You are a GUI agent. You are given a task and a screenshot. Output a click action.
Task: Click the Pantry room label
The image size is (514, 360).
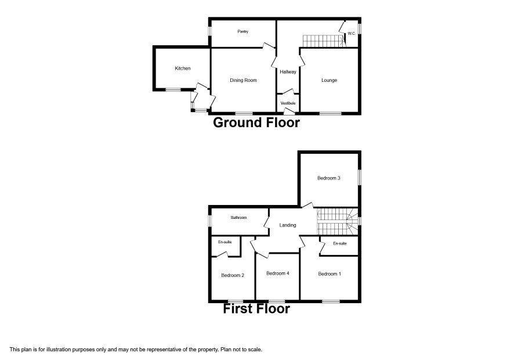tap(243, 31)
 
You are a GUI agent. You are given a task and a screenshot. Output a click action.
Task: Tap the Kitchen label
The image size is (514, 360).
tap(183, 69)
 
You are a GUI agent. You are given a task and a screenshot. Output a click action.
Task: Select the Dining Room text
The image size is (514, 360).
tap(243, 80)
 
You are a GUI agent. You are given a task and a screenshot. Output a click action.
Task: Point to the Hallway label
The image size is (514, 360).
tap(288, 72)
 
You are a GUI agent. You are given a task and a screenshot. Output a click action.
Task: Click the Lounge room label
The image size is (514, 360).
tap(329, 80)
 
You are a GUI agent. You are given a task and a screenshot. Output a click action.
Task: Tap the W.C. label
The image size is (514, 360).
tap(352, 34)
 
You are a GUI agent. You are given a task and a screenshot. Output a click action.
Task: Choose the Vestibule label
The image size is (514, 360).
tap(288, 103)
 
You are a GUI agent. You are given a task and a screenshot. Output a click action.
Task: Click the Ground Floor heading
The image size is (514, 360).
tap(256, 123)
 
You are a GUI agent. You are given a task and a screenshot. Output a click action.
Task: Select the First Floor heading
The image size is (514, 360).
tap(256, 308)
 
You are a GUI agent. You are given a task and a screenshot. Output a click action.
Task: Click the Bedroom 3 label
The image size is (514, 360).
tap(329, 178)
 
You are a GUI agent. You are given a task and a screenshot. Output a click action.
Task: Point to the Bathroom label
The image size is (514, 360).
tap(238, 218)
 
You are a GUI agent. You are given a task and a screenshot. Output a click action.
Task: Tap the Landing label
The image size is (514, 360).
tap(288, 225)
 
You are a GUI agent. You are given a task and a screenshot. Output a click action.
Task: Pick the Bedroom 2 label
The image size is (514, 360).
tap(233, 275)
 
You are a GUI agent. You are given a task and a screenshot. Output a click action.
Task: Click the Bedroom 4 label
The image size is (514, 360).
tap(278, 273)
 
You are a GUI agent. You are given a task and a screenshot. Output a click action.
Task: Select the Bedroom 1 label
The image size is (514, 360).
tap(330, 274)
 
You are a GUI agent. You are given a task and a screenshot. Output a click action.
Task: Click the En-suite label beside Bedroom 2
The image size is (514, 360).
tap(225, 242)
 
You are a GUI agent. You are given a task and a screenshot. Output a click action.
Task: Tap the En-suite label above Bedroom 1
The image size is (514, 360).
tap(340, 243)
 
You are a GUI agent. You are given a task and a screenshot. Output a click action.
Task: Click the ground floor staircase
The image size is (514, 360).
tap(324, 41)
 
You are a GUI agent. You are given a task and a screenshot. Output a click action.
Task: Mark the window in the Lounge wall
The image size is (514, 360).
tap(331, 114)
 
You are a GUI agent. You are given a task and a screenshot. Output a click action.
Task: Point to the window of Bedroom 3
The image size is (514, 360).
tap(360, 177)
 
